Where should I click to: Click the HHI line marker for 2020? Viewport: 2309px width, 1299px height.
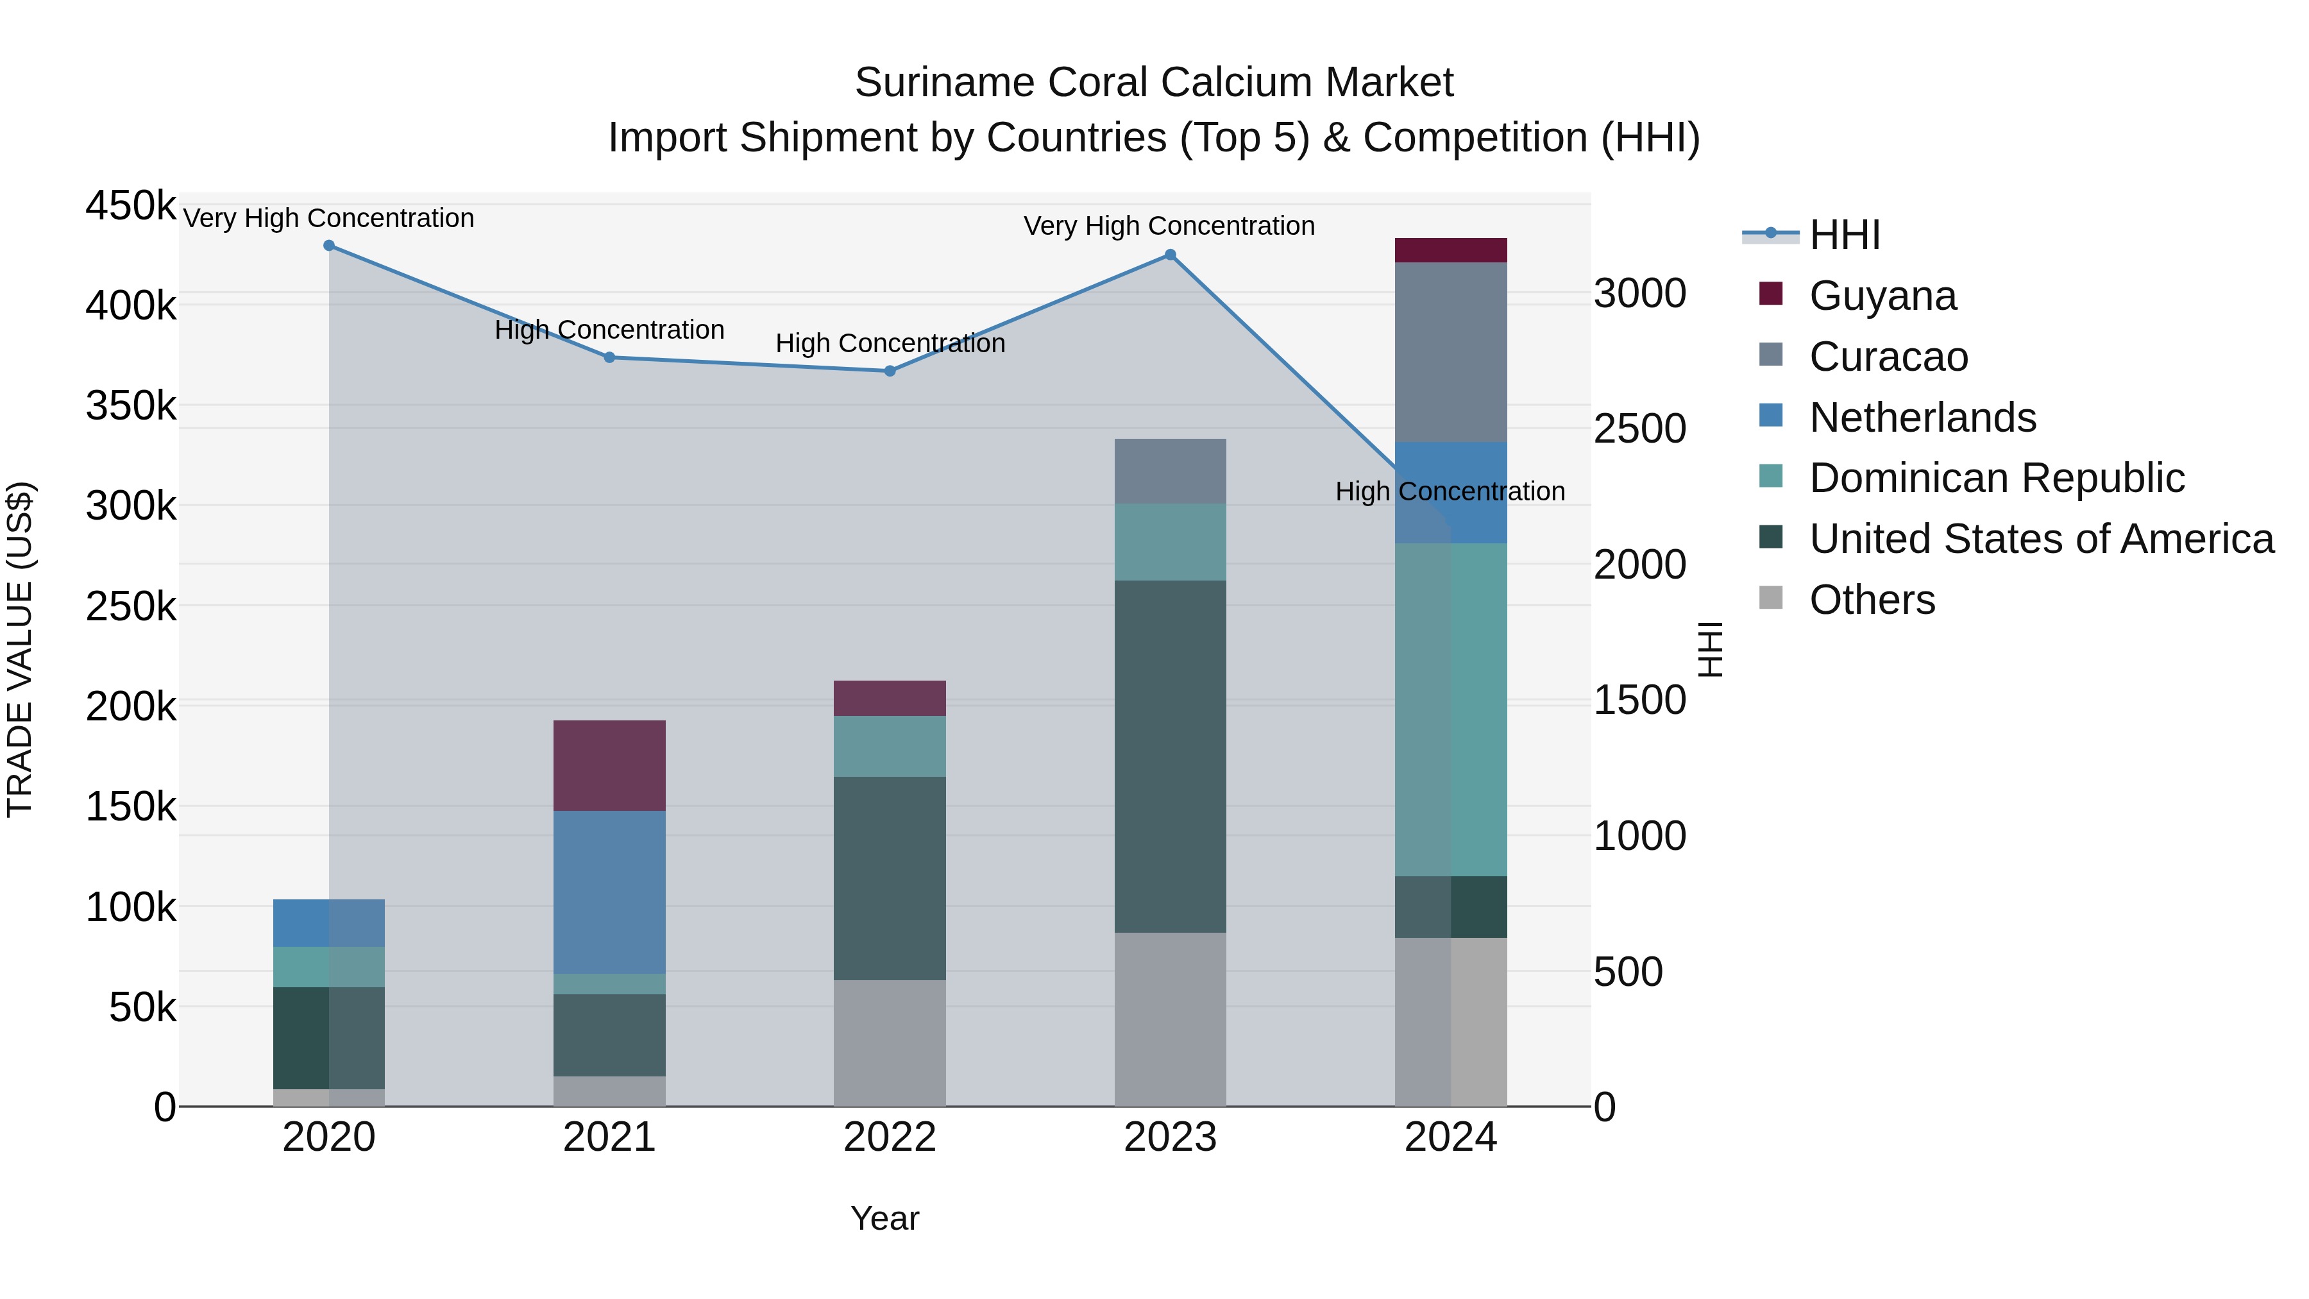click(x=329, y=246)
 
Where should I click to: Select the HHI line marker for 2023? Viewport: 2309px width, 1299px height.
click(x=1170, y=255)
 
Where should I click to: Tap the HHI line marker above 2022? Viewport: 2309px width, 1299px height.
click(x=890, y=371)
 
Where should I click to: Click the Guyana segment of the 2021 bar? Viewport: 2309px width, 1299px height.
click(x=609, y=765)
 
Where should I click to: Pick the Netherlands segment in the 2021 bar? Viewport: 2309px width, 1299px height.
click(x=609, y=892)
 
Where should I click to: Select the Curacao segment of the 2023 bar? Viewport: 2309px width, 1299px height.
click(x=1170, y=471)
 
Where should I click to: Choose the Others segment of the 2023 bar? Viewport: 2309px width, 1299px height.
click(x=1170, y=1019)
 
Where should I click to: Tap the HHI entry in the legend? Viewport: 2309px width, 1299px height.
click(x=1844, y=235)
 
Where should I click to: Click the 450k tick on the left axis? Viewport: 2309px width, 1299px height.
click(x=131, y=205)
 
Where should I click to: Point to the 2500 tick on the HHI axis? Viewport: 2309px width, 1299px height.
click(x=1639, y=429)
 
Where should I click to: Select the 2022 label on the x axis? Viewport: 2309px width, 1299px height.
click(x=890, y=1137)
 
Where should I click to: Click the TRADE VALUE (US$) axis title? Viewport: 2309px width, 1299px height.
click(x=21, y=649)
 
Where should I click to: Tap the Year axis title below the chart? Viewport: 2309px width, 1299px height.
click(x=884, y=1218)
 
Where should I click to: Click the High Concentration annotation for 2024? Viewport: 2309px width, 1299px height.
click(x=1450, y=491)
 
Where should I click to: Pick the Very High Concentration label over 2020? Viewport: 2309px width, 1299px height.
click(x=329, y=218)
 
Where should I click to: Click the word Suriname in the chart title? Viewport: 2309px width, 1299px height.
click(x=944, y=83)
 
